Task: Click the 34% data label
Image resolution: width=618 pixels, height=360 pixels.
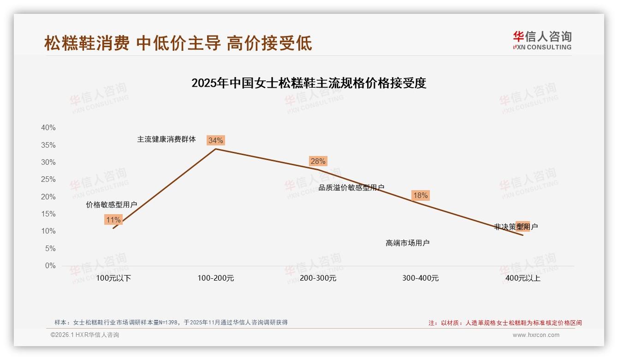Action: tap(215, 140)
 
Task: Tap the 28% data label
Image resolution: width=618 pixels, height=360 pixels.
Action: tap(318, 161)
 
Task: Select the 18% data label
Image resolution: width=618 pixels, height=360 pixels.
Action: tap(420, 195)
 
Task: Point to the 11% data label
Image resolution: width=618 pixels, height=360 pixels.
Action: tap(113, 220)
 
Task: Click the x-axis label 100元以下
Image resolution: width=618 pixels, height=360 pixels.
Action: tap(113, 278)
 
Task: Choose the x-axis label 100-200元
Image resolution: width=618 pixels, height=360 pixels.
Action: tap(216, 278)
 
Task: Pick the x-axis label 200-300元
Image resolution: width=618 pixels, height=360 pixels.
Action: tap(318, 278)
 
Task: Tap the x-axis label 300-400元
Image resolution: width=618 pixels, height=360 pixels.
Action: tap(421, 278)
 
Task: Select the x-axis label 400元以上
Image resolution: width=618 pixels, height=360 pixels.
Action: tap(523, 278)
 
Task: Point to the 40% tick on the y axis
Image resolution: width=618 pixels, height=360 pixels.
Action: tap(48, 128)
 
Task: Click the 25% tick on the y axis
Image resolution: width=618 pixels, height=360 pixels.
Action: tap(48, 180)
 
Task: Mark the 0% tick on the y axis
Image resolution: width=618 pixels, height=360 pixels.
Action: tap(50, 266)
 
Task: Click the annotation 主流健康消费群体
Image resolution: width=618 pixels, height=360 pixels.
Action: tap(166, 139)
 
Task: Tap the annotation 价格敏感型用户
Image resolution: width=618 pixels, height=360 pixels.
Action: tap(112, 205)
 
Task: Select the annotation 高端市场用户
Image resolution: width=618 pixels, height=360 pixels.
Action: tap(408, 243)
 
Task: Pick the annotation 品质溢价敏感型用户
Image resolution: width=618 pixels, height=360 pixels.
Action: tap(351, 187)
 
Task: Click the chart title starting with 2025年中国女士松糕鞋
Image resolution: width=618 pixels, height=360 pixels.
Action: tap(309, 83)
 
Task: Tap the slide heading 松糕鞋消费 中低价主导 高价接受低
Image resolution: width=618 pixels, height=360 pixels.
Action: tap(178, 43)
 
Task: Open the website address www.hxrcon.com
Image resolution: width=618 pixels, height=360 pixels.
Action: tap(536, 335)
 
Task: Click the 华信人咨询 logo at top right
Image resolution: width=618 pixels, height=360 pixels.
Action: tap(542, 40)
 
